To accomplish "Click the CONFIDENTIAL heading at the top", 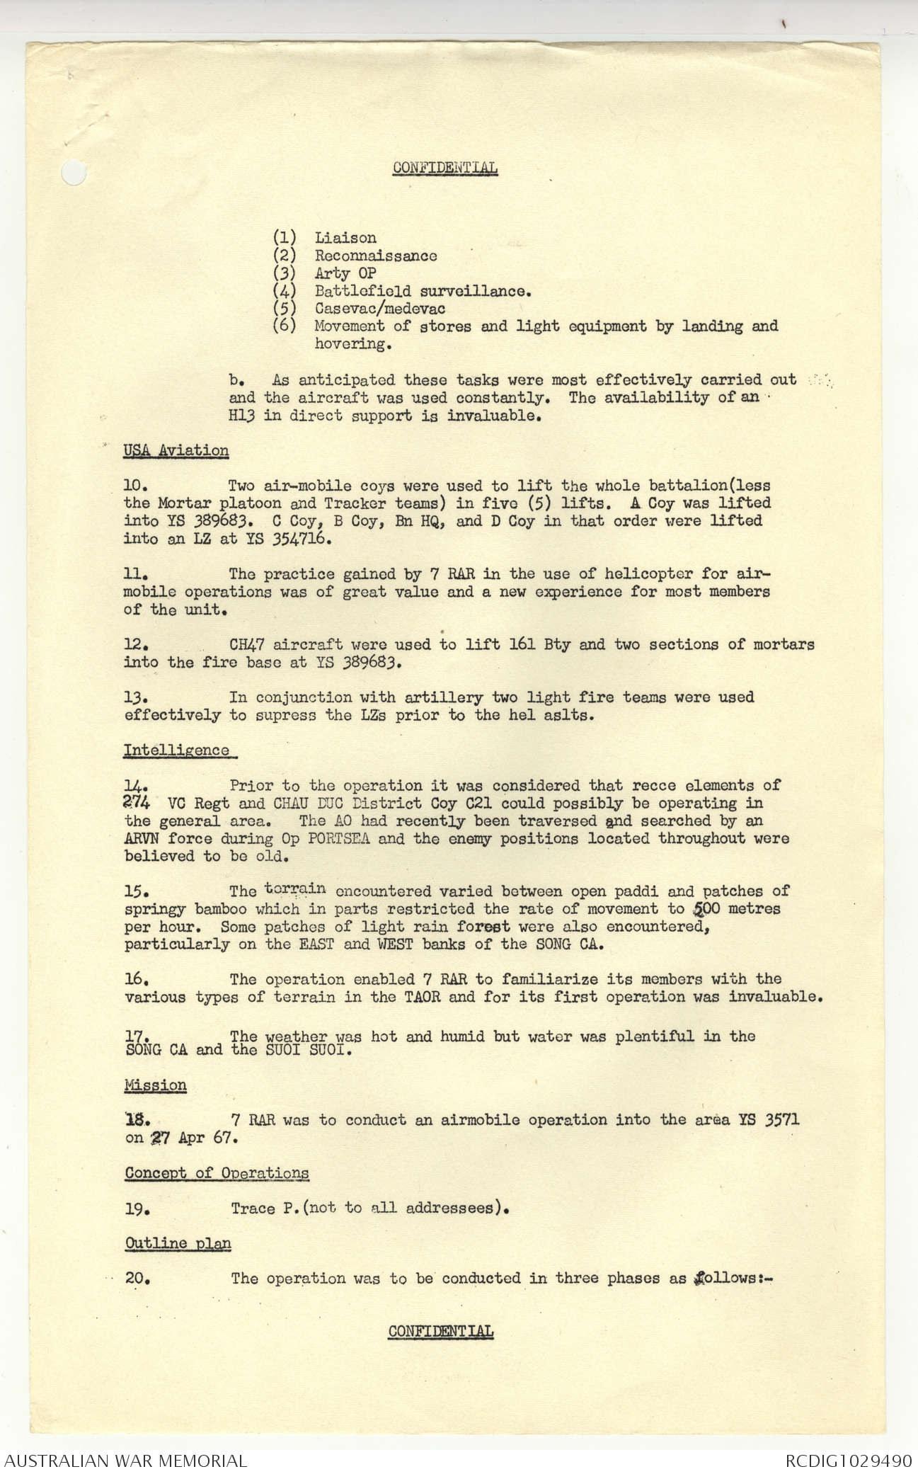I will coord(445,168).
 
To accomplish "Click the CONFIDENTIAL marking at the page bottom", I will coord(440,1331).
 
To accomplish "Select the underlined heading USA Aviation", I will coord(176,450).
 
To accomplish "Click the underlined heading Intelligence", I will coord(176,750).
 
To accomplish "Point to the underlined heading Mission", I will coord(156,1085).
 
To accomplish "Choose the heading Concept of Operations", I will coord(217,1173).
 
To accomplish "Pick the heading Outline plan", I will coord(178,1243).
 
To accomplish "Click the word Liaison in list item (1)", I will coord(346,238).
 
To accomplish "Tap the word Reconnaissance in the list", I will coord(376,256).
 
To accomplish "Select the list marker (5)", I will coord(285,309).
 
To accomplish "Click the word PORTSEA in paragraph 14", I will coord(332,839).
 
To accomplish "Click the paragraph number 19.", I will coord(137,1209).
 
